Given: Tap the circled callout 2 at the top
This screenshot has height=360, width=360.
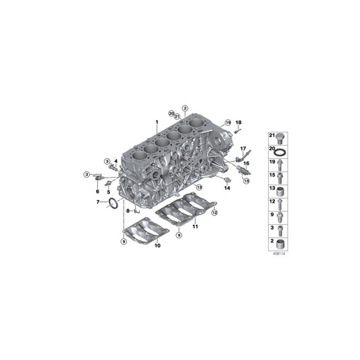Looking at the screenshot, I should pyautogui.click(x=184, y=108).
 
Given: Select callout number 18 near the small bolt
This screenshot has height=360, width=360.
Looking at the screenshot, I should pyautogui.click(x=238, y=122).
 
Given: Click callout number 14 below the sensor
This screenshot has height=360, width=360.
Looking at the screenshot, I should pyautogui.click(x=228, y=188).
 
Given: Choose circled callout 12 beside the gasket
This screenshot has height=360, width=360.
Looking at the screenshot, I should pyautogui.click(x=215, y=213).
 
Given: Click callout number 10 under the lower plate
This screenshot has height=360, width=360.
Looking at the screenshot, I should pyautogui.click(x=157, y=247).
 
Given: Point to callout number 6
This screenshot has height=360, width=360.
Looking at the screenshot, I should pyautogui.click(x=97, y=191).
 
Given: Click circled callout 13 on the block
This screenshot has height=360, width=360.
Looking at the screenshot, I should pyautogui.click(x=199, y=186).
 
